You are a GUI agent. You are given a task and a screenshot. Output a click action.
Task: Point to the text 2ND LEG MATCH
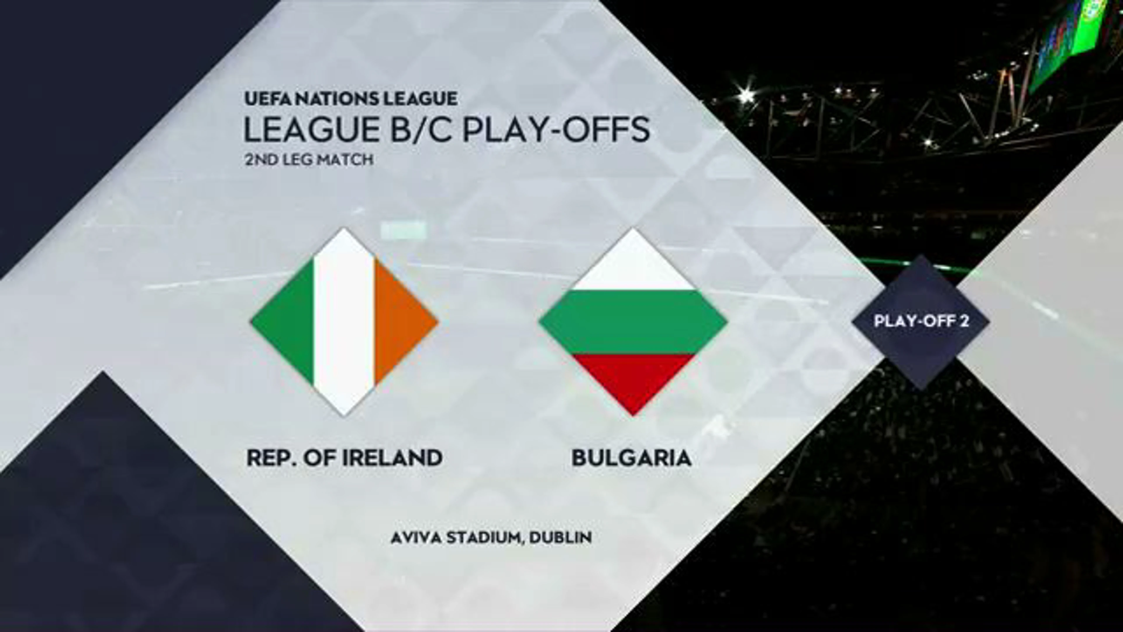tap(309, 160)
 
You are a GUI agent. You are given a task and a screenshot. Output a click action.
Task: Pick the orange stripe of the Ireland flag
tap(401, 322)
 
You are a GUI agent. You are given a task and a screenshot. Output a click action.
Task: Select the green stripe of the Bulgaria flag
tap(633, 322)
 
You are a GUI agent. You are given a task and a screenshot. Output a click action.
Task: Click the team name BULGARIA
tap(632, 458)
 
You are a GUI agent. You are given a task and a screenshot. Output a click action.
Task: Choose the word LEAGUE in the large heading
tap(311, 130)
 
